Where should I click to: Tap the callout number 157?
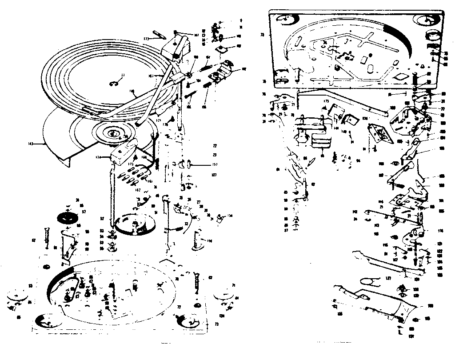pyautogui.click(x=215, y=164)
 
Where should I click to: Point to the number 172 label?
pyautogui.click(x=146, y=39)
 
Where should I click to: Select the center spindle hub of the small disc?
pyautogui.click(x=111, y=132)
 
